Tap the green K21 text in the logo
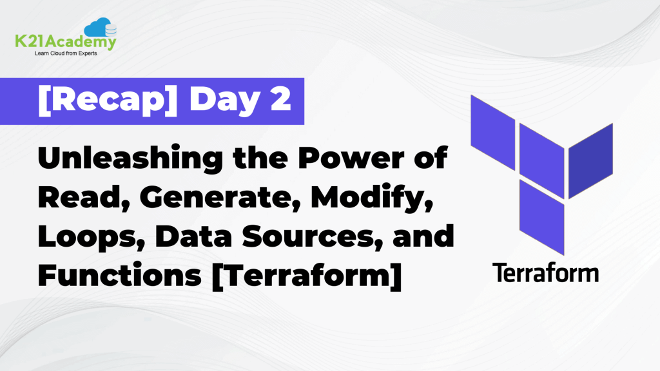(30, 43)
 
